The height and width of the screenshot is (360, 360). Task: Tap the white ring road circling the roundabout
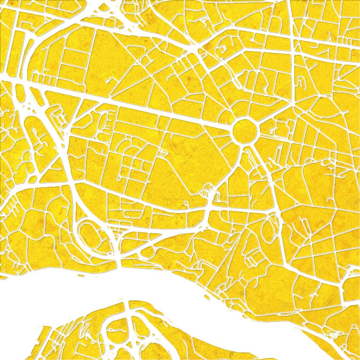245,117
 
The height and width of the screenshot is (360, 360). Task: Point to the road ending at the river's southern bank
129,305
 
